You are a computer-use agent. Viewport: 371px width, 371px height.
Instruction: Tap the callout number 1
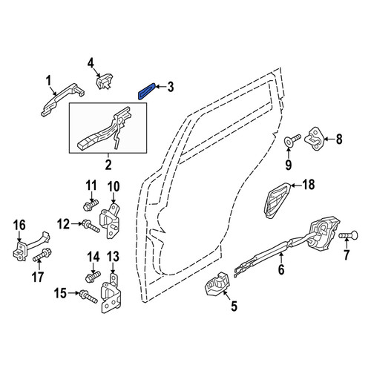click(48, 82)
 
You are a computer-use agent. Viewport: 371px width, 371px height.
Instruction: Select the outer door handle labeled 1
click(63, 99)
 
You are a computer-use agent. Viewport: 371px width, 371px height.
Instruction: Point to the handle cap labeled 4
click(104, 81)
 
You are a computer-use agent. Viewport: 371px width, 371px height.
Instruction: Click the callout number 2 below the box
click(108, 165)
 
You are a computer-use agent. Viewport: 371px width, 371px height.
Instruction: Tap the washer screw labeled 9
click(292, 139)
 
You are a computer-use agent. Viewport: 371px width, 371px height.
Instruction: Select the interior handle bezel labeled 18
click(278, 201)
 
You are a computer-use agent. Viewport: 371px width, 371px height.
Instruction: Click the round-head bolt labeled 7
click(348, 234)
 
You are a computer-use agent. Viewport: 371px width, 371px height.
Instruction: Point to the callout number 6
click(281, 269)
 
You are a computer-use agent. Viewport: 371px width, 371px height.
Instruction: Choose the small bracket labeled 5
click(217, 284)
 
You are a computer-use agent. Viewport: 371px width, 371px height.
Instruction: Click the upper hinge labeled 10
click(110, 220)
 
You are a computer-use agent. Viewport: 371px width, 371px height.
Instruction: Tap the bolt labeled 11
click(91, 206)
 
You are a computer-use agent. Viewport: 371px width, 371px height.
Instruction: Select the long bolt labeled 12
click(91, 226)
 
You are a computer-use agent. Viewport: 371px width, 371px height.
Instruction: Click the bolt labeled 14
click(93, 278)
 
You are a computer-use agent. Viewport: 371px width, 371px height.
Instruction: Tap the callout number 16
click(20, 226)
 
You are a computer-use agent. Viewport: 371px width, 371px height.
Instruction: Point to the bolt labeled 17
click(42, 255)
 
